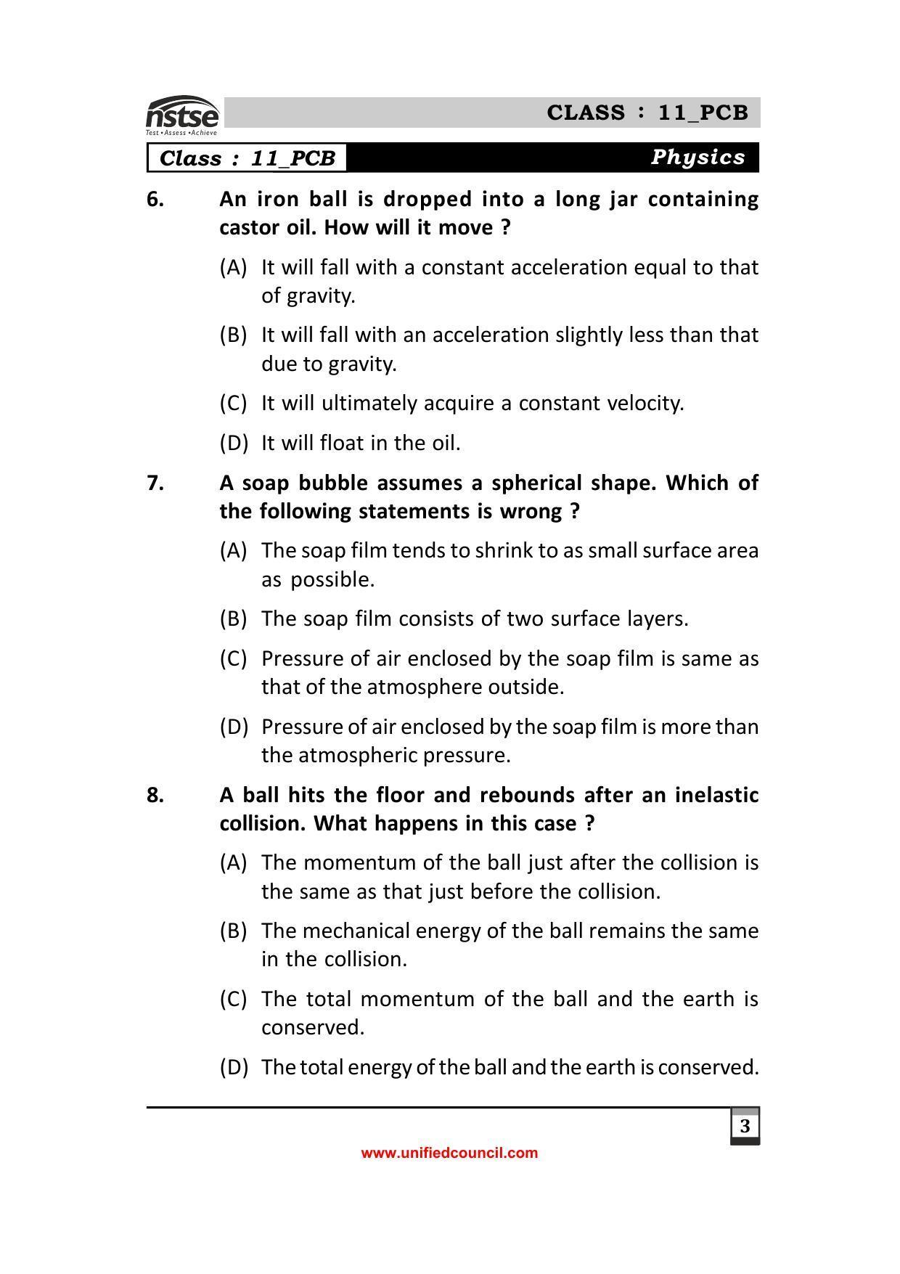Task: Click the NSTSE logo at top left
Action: pos(182,115)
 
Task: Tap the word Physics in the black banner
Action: pos(697,157)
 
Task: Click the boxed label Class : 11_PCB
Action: pos(247,158)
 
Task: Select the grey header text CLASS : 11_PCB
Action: pos(647,113)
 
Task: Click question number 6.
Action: pos(155,199)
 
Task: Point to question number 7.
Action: pos(155,483)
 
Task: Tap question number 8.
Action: pos(155,795)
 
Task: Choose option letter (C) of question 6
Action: pos(233,403)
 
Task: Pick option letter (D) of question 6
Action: pos(233,443)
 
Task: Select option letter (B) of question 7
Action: pos(233,618)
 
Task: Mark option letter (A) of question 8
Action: pos(233,862)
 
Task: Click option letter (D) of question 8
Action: pos(233,1067)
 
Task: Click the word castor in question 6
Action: pos(247,228)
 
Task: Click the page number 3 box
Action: pos(745,1126)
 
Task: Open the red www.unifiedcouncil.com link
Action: pos(449,1153)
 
